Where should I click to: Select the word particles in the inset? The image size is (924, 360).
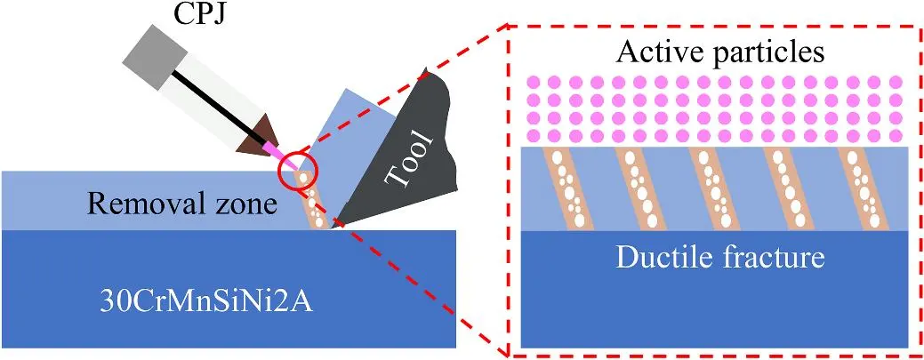click(x=767, y=54)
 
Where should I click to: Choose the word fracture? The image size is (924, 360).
click(x=773, y=259)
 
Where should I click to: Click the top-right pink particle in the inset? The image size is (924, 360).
click(x=896, y=83)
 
